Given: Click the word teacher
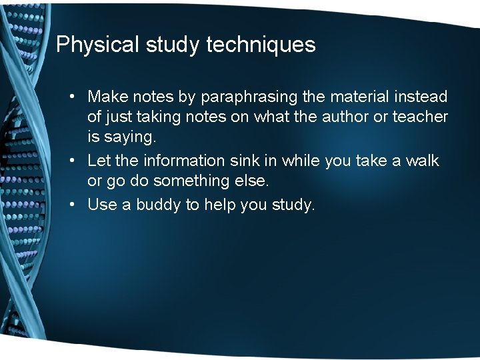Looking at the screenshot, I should tap(421, 117).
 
